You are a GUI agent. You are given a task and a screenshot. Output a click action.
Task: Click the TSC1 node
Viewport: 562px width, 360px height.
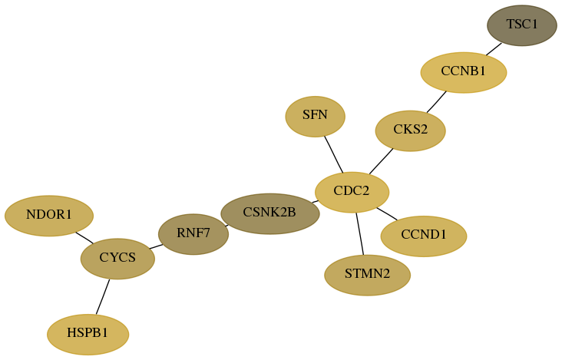tap(522, 25)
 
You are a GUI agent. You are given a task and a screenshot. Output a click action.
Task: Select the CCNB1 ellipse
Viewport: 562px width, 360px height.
tap(464, 72)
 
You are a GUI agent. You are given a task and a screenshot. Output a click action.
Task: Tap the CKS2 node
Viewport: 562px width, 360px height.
tap(411, 130)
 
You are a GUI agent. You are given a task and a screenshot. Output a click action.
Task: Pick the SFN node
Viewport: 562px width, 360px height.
tap(315, 117)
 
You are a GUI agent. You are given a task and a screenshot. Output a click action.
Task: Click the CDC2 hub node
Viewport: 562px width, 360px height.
tap(352, 193)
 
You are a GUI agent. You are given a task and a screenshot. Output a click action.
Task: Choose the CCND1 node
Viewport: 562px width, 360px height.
tap(424, 236)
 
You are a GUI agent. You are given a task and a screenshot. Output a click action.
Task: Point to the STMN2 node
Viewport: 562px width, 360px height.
tap(368, 275)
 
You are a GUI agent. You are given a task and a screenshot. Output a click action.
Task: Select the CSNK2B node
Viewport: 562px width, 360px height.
tap(270, 214)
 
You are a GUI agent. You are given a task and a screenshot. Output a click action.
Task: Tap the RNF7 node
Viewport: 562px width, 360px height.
tap(193, 234)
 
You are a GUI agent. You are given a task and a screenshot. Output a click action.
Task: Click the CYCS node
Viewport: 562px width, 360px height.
tap(117, 259)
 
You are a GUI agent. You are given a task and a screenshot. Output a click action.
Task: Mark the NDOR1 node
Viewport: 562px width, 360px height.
tap(49, 216)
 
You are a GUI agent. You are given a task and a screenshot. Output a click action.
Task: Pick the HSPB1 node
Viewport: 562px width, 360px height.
tap(88, 335)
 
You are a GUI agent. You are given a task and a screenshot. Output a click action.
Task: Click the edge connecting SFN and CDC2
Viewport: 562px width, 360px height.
tap(334, 154)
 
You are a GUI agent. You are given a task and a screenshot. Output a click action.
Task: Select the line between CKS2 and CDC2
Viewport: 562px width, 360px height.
tap(381, 161)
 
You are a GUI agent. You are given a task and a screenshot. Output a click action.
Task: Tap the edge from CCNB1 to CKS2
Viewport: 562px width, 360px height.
tap(436, 102)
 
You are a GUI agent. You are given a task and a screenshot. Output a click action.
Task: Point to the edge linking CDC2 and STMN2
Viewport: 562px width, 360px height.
tap(360, 234)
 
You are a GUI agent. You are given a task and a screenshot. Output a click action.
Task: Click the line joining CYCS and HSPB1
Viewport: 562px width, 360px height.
tap(103, 296)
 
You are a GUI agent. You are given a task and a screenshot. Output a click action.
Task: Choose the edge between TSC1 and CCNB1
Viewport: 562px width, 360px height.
tap(494, 49)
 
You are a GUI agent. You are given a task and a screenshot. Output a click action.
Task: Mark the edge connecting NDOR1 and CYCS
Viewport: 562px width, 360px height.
tap(84, 238)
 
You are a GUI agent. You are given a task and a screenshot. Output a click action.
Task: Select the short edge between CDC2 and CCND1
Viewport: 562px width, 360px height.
tap(387, 214)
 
